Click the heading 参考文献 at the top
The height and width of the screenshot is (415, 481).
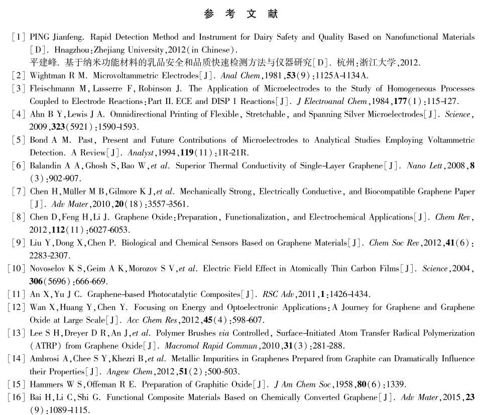coord(240,14)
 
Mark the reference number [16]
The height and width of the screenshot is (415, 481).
coord(17,397)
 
